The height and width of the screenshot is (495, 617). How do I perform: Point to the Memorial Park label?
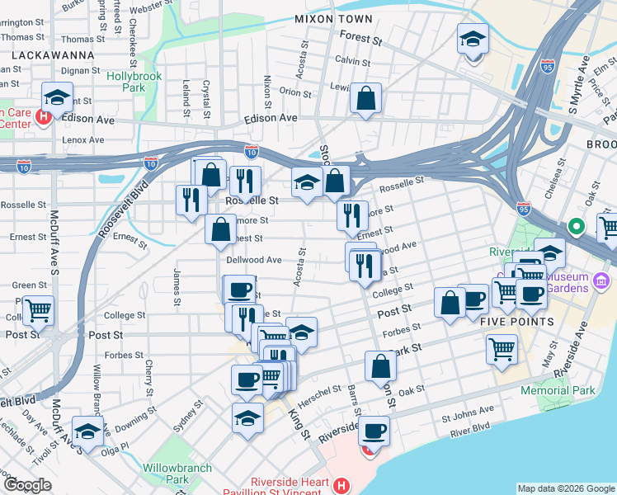[558, 389]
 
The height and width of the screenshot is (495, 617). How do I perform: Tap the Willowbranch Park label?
[177, 474]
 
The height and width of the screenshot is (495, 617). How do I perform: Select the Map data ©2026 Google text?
[565, 488]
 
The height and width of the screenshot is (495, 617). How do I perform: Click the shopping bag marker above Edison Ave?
[365, 99]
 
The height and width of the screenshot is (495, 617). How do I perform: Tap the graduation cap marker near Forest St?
[473, 40]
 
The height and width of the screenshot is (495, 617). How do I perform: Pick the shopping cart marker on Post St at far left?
[38, 311]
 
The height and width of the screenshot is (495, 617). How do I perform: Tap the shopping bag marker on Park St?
[380, 367]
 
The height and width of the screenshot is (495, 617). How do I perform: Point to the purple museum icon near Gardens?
[601, 282]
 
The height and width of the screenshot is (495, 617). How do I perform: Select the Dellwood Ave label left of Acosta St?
[253, 259]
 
